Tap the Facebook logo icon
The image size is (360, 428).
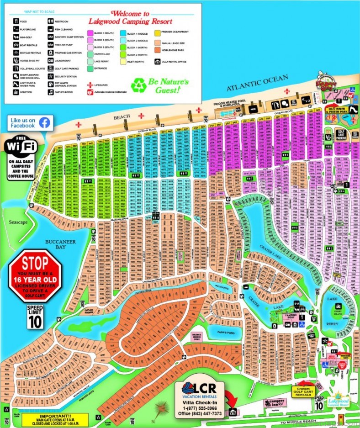[x=44, y=122]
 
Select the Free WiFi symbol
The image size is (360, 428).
[x=22, y=147]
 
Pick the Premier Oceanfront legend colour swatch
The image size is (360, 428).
[x=157, y=33]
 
